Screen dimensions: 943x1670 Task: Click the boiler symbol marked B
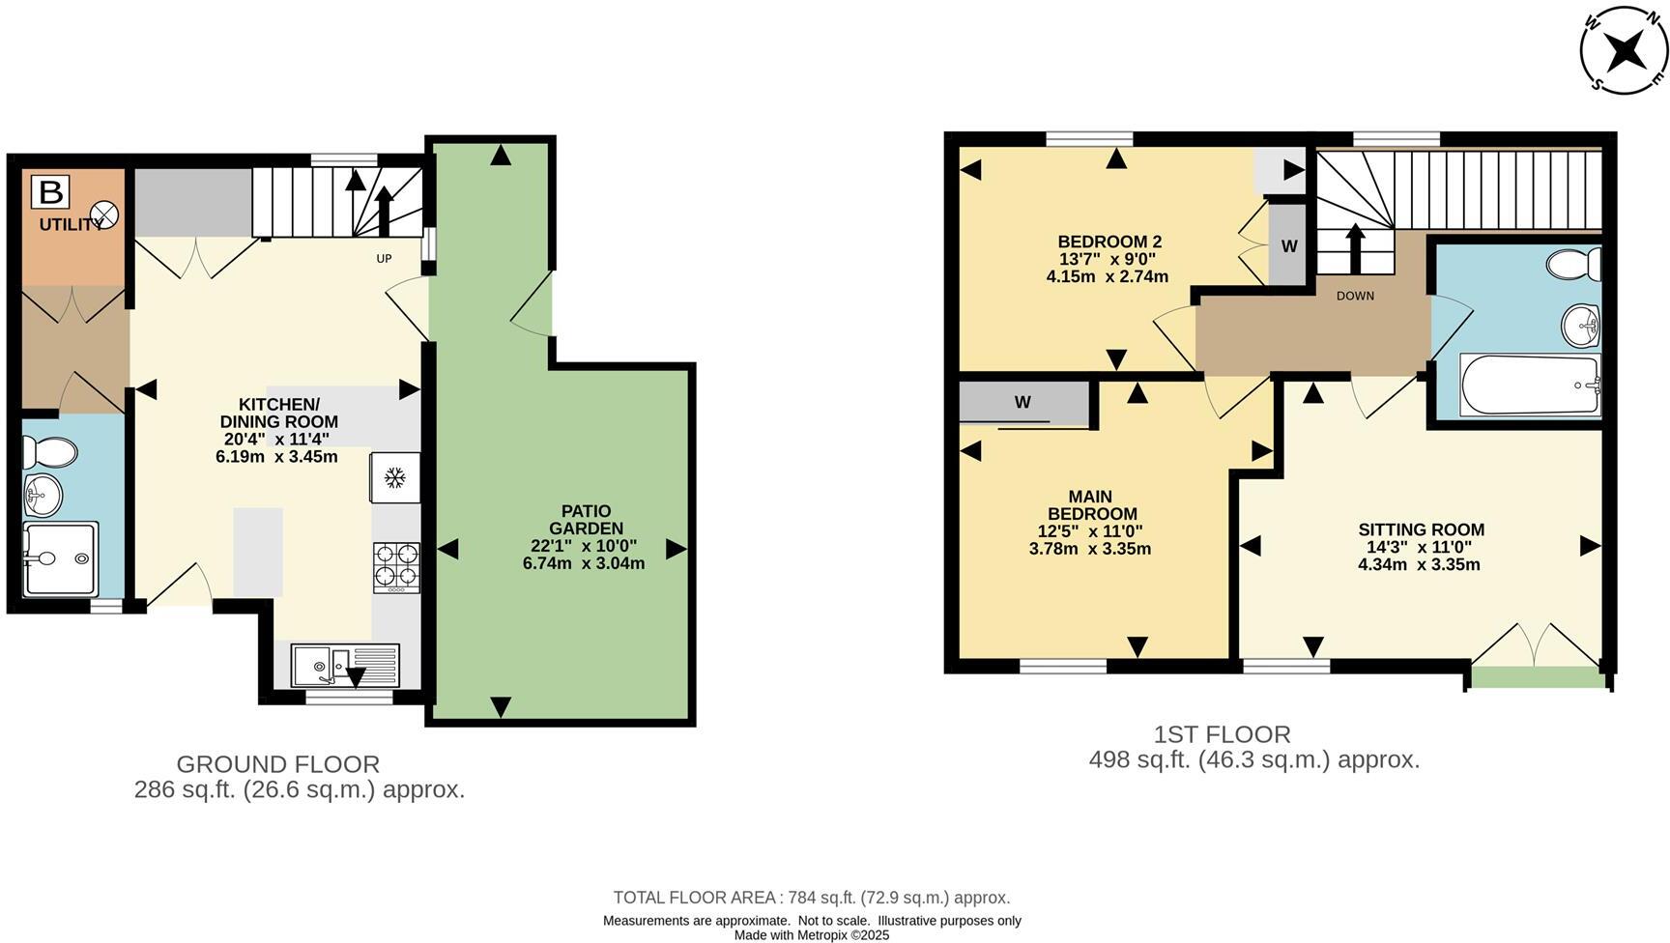point(49,191)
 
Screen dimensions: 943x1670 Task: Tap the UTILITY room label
point(71,225)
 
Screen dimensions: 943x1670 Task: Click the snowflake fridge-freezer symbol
point(394,477)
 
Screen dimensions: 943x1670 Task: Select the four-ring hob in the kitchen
point(397,566)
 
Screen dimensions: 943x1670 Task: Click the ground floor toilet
point(50,451)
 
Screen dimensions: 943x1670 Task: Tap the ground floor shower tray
point(61,559)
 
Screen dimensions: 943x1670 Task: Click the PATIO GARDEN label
point(586,520)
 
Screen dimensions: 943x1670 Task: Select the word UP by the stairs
point(384,259)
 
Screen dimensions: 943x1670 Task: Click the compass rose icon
point(1624,51)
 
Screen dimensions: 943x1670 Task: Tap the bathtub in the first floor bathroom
point(1531,386)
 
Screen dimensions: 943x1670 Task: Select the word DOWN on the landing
point(1355,296)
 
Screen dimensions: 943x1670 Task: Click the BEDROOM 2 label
point(1109,242)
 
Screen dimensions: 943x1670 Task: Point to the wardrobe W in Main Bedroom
point(1022,402)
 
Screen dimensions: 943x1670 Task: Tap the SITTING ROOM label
point(1421,529)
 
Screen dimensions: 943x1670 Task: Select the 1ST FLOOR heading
point(1222,734)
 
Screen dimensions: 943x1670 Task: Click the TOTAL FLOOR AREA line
point(812,898)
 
